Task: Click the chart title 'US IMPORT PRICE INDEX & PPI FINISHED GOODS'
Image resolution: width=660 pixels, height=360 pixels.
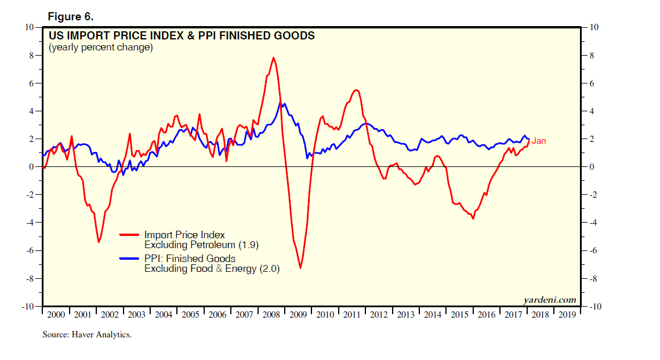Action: (x=182, y=36)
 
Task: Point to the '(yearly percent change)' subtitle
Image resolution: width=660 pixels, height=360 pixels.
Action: (x=100, y=48)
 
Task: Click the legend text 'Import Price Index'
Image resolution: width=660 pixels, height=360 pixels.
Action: (x=184, y=235)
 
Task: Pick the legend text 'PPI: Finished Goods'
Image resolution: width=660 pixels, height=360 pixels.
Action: (x=190, y=259)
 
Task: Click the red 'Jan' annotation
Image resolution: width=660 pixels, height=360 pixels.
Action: (x=538, y=141)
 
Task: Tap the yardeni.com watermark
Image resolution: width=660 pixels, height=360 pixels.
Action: (x=549, y=300)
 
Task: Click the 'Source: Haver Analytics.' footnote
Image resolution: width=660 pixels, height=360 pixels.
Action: (x=87, y=334)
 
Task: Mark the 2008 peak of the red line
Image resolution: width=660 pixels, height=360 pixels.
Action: (x=273, y=57)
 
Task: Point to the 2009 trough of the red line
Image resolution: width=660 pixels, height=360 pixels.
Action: (x=300, y=267)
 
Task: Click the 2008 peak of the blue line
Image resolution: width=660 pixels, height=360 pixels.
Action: (x=281, y=103)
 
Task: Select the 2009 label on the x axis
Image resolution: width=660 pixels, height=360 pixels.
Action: (x=299, y=314)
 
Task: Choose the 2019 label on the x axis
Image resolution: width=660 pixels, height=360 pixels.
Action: (x=567, y=314)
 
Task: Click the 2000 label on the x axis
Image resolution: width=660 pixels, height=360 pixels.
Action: (x=55, y=314)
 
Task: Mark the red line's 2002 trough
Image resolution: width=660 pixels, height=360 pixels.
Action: (x=99, y=242)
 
